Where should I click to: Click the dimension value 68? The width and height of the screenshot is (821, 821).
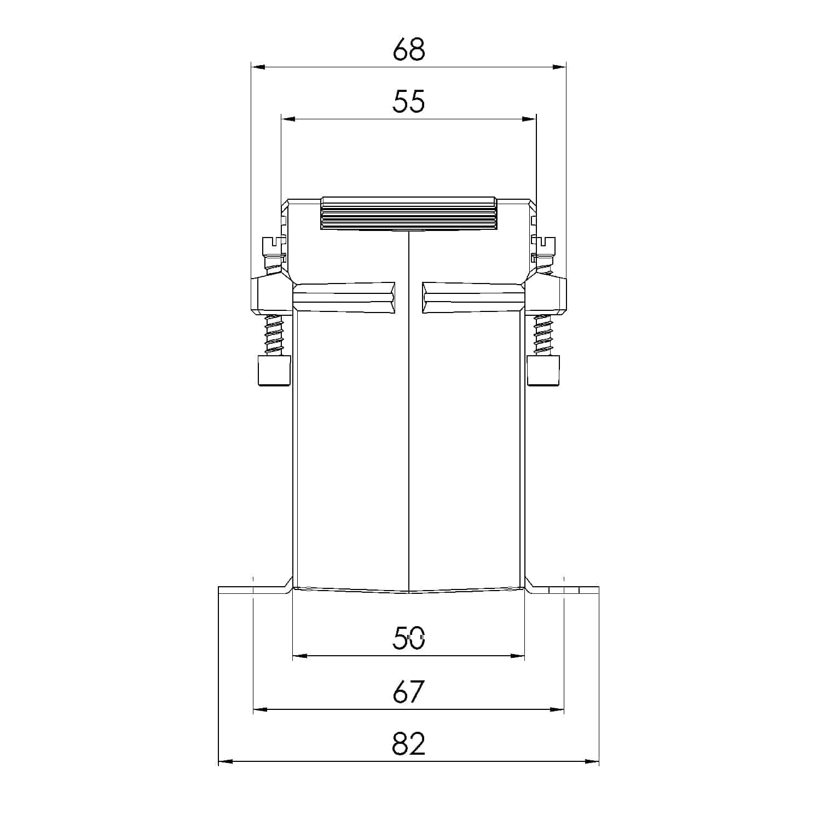click(409, 50)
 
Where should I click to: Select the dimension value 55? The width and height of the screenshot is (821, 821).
click(409, 102)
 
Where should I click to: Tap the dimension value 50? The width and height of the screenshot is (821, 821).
click(409, 638)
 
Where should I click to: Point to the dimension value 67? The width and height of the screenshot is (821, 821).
click(409, 692)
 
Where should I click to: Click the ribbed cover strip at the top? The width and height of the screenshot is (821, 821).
click(409, 213)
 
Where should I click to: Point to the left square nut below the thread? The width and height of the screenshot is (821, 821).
click(273, 370)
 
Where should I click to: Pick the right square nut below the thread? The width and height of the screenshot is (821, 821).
click(544, 370)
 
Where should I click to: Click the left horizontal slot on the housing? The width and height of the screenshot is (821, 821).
click(344, 298)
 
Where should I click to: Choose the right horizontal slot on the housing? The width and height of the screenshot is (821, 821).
click(473, 298)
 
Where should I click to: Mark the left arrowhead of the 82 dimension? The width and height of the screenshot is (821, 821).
click(226, 761)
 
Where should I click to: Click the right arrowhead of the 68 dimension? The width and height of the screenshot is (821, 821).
click(559, 67)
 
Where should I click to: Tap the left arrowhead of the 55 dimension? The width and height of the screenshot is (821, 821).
click(288, 119)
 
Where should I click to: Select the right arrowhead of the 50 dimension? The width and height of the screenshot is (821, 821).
click(518, 656)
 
